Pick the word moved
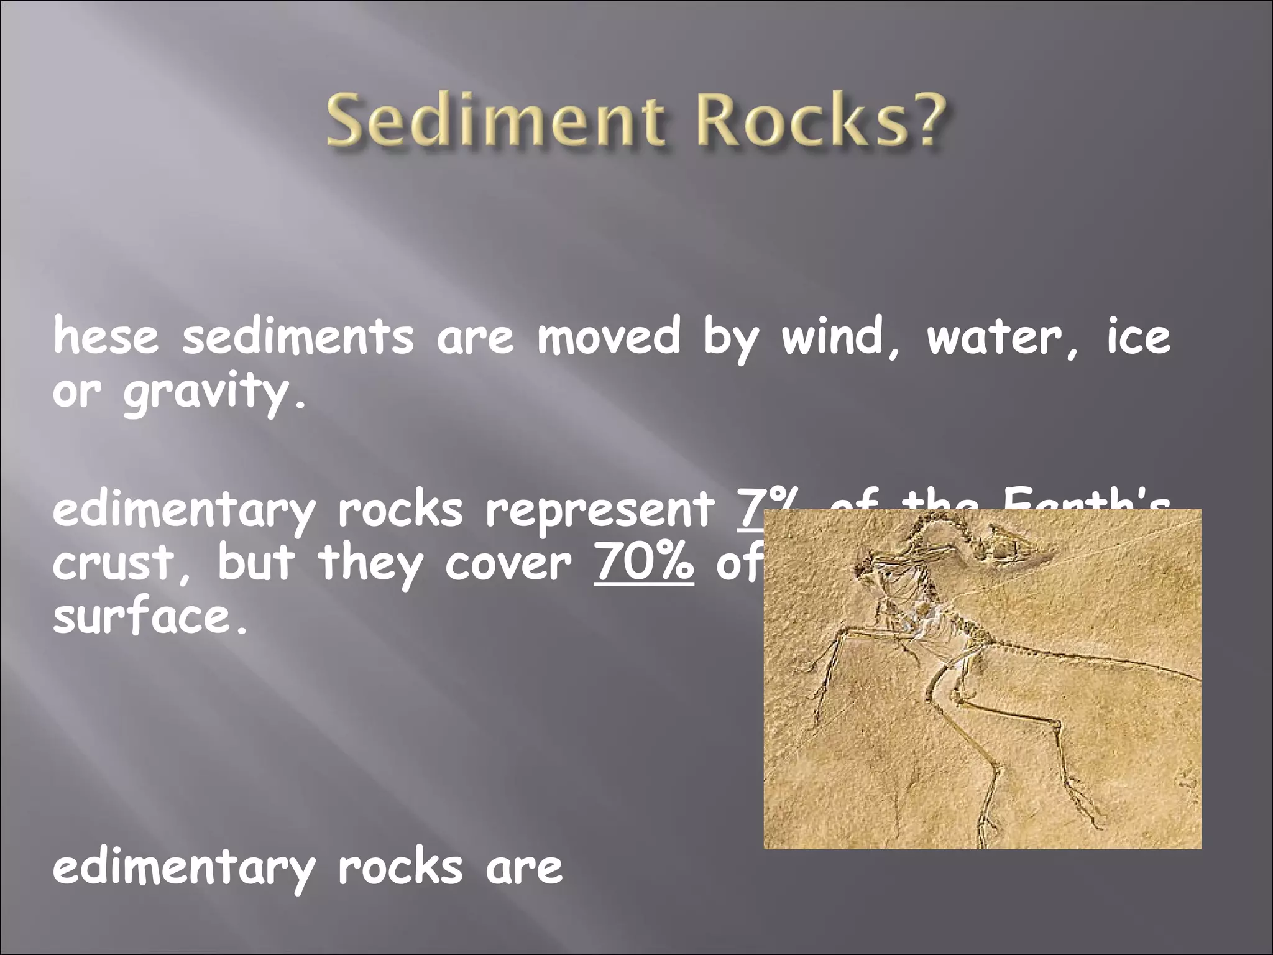pyautogui.click(x=609, y=337)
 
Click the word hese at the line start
pyautogui.click(x=106, y=337)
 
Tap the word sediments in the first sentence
pyautogui.click(x=298, y=337)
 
